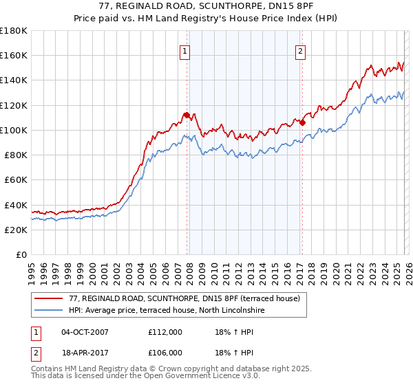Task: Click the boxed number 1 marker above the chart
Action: click(x=186, y=50)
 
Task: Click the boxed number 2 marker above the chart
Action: click(x=301, y=50)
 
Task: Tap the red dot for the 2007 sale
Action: click(x=187, y=115)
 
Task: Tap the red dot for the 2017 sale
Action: click(x=302, y=122)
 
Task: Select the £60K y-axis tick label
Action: click(x=16, y=179)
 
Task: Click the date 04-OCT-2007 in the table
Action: click(x=85, y=332)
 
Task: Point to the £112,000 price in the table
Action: click(x=165, y=332)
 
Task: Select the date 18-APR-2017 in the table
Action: click(x=85, y=352)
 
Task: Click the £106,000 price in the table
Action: click(x=165, y=352)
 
